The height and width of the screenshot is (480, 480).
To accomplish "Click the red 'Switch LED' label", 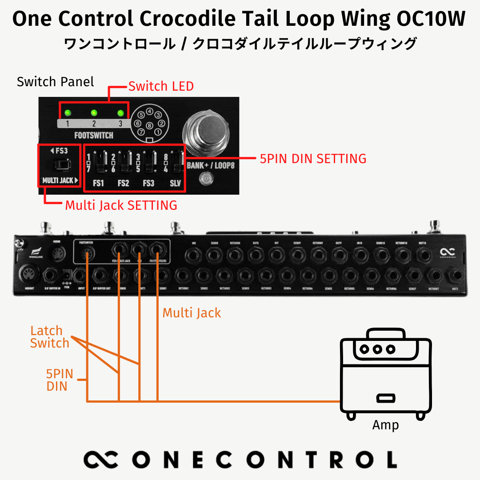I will pos(161,86).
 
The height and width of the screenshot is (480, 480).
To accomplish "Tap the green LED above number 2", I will pos(94,112).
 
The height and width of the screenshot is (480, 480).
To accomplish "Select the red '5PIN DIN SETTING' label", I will pos(313,159).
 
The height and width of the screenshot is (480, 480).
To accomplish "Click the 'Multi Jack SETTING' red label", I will pos(121,205).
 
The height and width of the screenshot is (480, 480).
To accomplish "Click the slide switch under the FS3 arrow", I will pos(59,165).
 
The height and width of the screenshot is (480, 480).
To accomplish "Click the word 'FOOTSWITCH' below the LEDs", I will pos(93,135).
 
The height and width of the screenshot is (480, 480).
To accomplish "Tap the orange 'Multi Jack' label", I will pos(192,313).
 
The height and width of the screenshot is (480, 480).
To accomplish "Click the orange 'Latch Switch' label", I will pos(49,337).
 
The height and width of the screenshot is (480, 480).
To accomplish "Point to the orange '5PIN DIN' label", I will pos(59,380).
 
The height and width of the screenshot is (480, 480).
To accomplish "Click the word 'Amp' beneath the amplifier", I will pos(385,425).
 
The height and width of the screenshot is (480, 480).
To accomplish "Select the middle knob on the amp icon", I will pos(377,348).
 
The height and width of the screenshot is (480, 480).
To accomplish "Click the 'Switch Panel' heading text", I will pos(55,82).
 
